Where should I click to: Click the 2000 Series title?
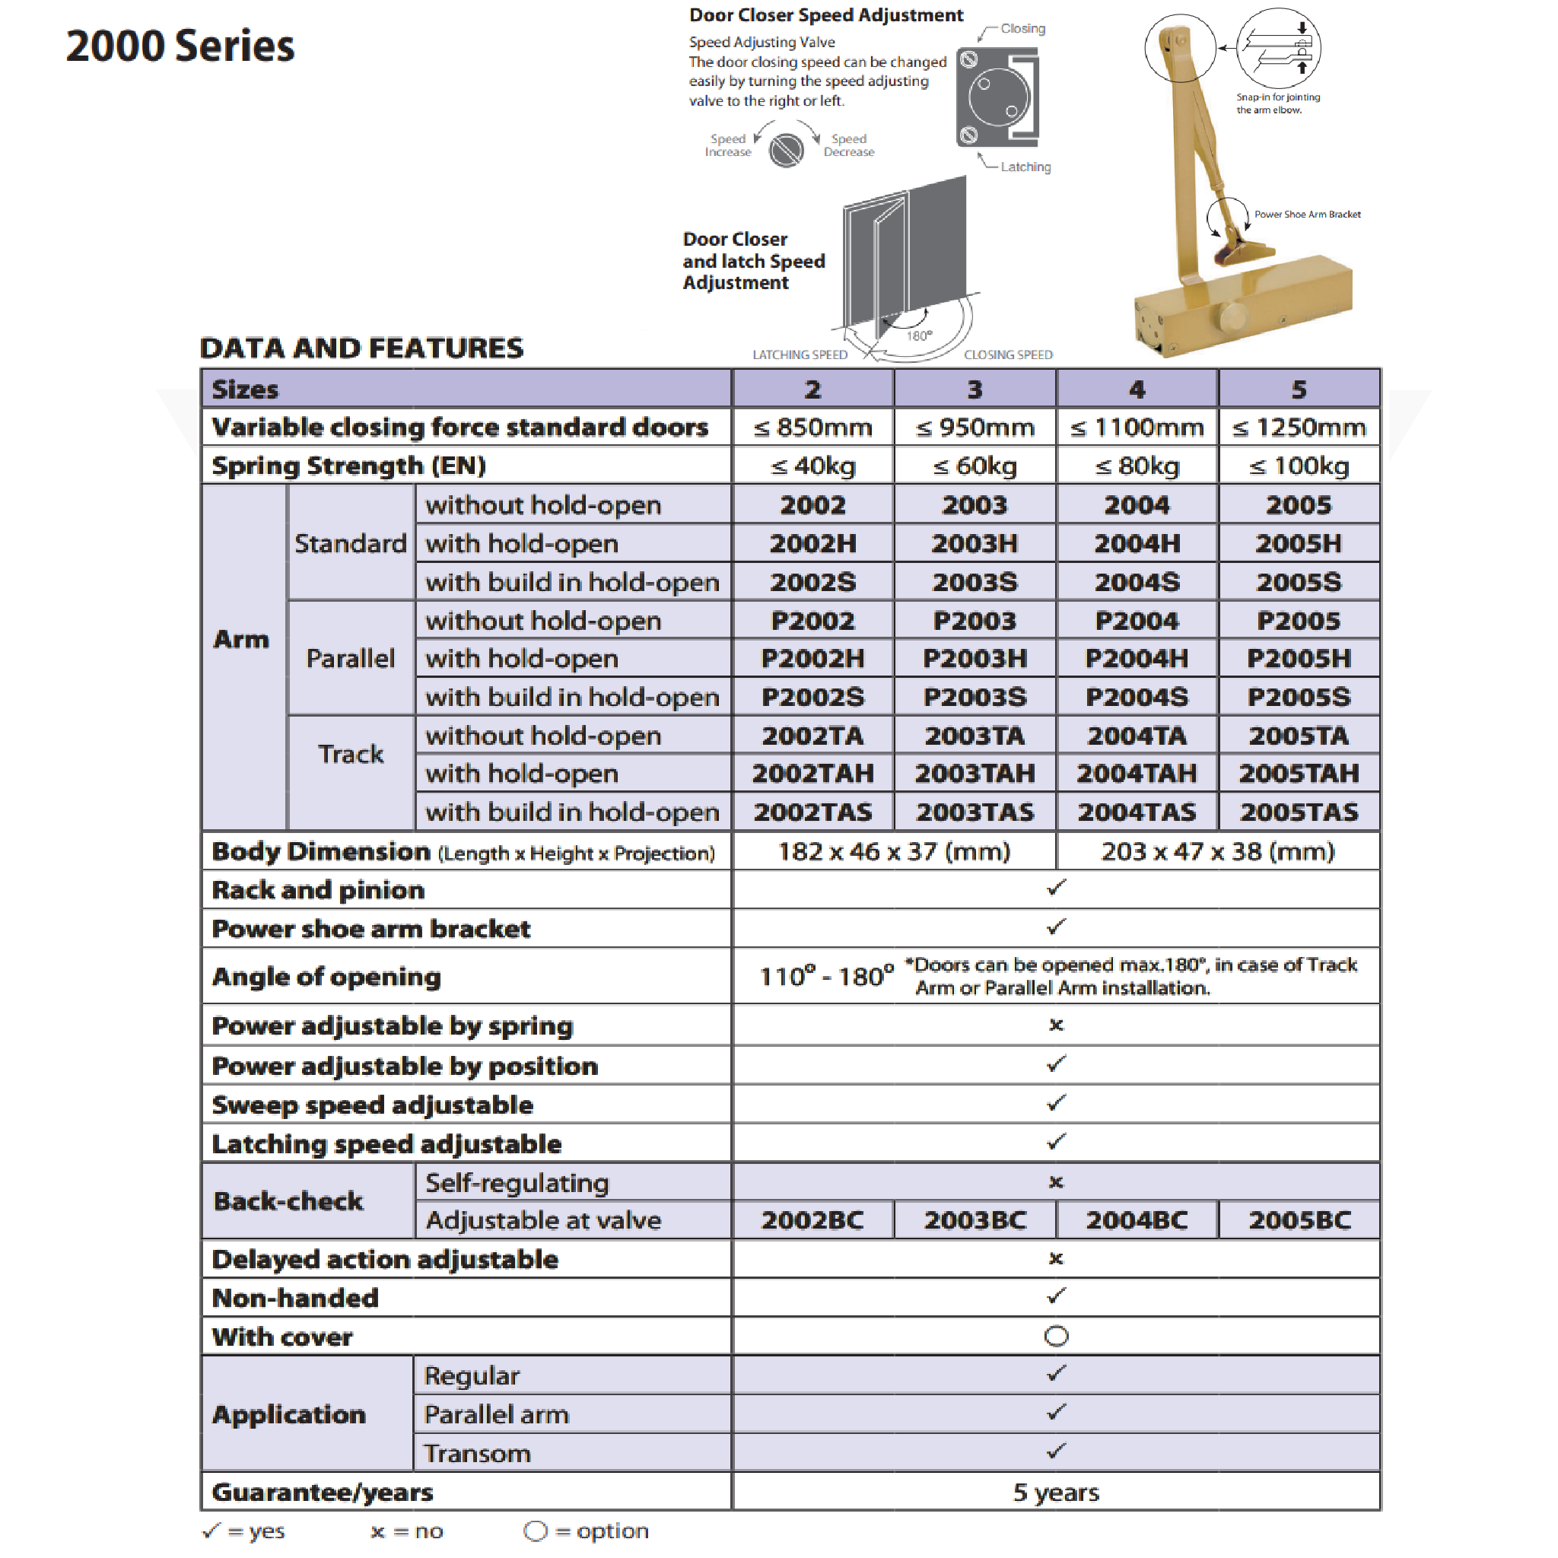(180, 46)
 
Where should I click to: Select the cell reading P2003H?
(975, 659)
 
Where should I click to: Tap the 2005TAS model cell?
(1299, 812)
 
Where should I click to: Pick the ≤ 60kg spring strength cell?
(975, 466)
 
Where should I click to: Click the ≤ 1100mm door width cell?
(1137, 428)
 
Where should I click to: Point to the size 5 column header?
(1299, 389)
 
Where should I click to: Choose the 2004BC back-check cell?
(1137, 1220)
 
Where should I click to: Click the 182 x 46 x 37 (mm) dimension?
(894, 851)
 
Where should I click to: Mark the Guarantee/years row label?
(323, 1492)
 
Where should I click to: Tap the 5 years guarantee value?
(1056, 1492)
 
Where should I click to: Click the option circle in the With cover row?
(1056, 1336)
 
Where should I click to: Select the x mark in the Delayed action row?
(1056, 1259)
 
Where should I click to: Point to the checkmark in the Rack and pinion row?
(1056, 888)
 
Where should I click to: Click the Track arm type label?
(351, 754)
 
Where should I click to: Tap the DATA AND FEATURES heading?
(361, 348)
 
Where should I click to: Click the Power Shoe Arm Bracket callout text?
(1307, 215)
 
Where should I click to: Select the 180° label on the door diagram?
(918, 335)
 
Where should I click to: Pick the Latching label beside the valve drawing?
(1025, 167)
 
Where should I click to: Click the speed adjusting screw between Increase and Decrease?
(785, 150)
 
